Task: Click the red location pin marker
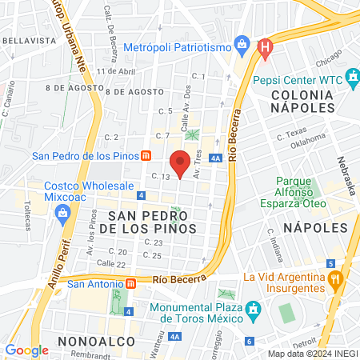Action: (x=182, y=161)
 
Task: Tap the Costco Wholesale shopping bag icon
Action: (x=62, y=212)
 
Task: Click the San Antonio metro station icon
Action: (x=129, y=283)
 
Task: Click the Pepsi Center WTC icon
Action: (x=353, y=79)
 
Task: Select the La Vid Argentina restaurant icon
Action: (x=336, y=280)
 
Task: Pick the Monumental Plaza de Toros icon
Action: (x=253, y=309)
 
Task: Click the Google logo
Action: (x=26, y=350)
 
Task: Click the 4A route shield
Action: (x=215, y=158)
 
